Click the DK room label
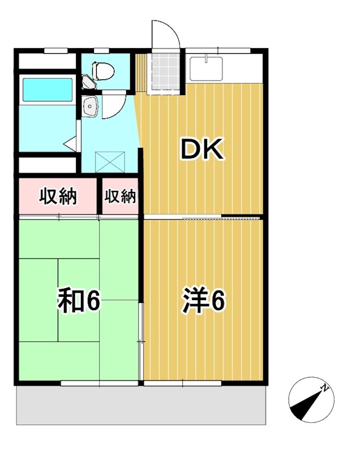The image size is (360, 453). (x=203, y=149)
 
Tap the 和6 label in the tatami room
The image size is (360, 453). (x=79, y=301)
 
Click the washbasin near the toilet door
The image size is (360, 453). (x=89, y=105)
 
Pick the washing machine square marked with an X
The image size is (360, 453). (x=110, y=161)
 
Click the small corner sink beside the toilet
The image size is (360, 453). (x=87, y=83)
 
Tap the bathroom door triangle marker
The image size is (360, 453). (x=71, y=143)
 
